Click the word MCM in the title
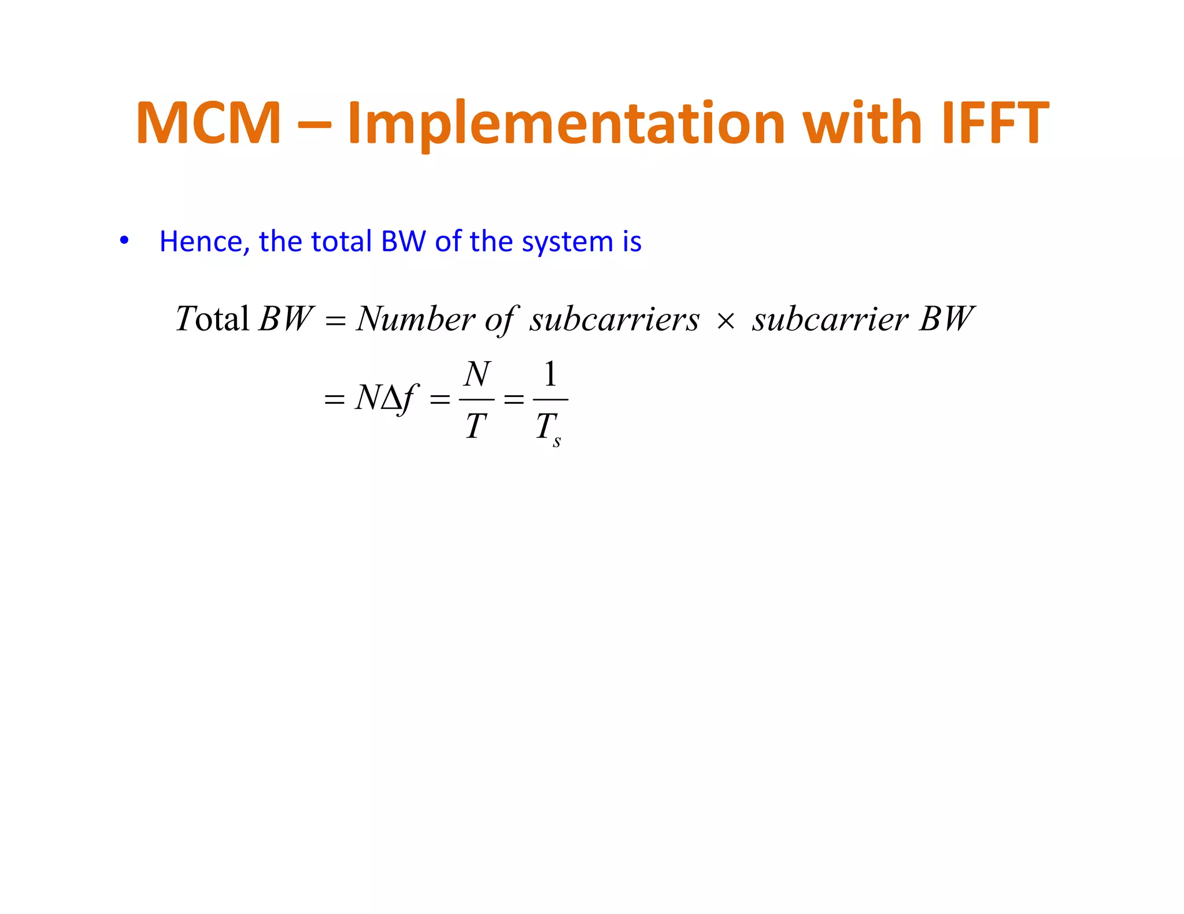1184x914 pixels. point(208,123)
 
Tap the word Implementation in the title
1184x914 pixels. point(565,123)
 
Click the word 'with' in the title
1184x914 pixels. point(863,123)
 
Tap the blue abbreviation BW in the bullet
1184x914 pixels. point(404,241)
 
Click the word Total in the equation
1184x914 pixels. point(212,318)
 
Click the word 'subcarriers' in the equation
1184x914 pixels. point(614,319)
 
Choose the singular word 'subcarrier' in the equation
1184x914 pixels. point(830,319)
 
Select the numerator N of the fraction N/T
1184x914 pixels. point(477,374)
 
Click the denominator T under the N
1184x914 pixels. point(476,426)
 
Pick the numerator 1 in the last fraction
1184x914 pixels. point(550,374)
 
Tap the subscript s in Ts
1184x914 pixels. point(557,443)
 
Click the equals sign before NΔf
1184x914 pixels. point(334,399)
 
